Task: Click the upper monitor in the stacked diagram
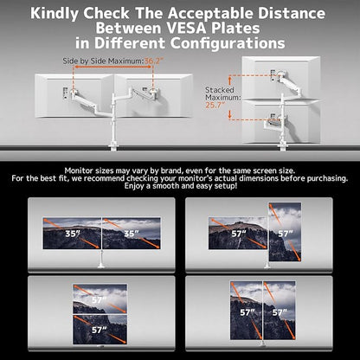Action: (280, 75)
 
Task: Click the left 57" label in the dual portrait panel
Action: (248, 312)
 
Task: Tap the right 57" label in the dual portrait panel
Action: (280, 312)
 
